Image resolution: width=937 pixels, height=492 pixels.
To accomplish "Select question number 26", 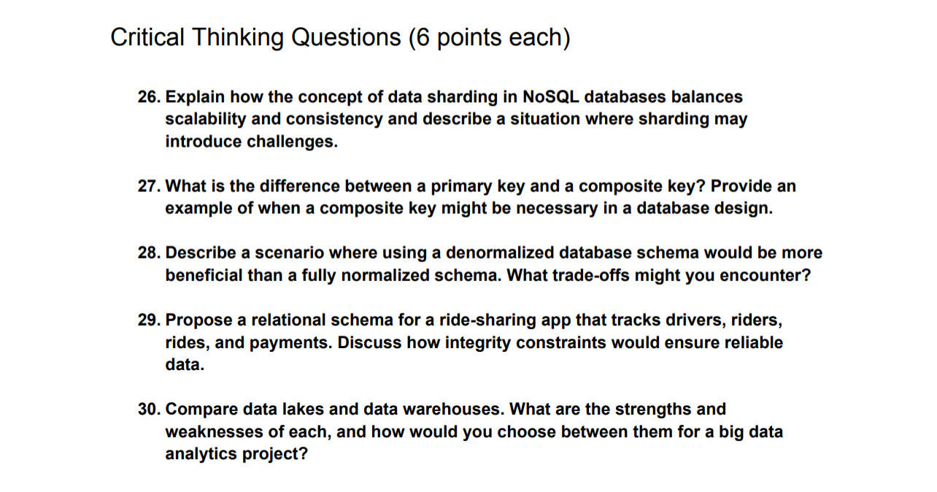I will click(x=150, y=96).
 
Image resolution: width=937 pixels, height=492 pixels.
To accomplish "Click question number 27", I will click(x=150, y=186).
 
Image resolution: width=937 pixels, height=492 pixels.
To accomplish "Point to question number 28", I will click(x=150, y=253).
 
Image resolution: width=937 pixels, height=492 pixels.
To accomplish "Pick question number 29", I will click(x=150, y=320).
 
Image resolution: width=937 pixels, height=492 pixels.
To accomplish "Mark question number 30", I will click(x=150, y=410).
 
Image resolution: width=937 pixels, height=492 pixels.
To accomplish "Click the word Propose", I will click(x=198, y=320).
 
